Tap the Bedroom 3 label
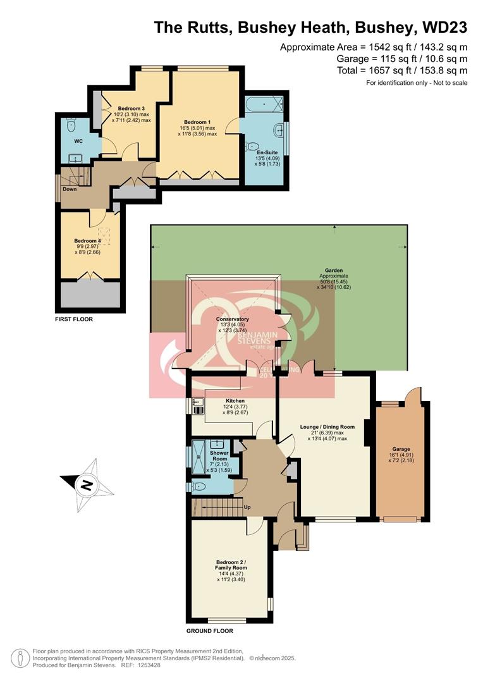point(131,108)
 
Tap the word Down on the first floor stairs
point(70,188)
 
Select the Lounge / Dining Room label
point(327,426)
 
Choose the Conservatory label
point(233,319)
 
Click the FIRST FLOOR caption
point(74,319)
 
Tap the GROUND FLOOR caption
point(209,631)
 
